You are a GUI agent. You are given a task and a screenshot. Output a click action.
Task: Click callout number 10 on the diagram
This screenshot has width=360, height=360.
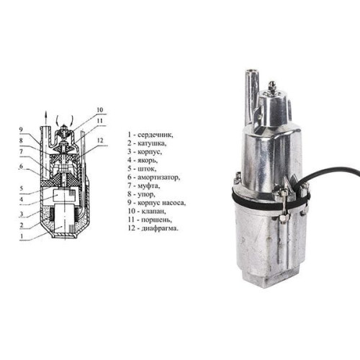[100, 110]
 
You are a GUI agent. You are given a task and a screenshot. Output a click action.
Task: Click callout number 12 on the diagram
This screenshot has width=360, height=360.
[100, 140]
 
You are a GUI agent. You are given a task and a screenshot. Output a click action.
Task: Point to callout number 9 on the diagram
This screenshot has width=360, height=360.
[22, 130]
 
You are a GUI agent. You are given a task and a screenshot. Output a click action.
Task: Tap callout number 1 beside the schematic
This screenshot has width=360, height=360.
[22, 236]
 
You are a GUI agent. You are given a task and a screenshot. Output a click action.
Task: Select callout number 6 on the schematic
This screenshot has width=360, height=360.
[22, 166]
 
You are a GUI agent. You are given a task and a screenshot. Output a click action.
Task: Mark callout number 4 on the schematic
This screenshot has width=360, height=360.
[22, 199]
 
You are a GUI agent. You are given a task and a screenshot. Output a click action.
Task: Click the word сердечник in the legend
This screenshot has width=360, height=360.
[155, 135]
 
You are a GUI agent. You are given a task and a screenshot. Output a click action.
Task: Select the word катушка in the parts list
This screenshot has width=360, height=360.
[152, 143]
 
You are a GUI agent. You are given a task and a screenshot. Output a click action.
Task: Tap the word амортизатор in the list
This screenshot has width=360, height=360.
[158, 178]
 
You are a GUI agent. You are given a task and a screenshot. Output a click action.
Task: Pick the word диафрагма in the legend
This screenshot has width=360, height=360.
[160, 228]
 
